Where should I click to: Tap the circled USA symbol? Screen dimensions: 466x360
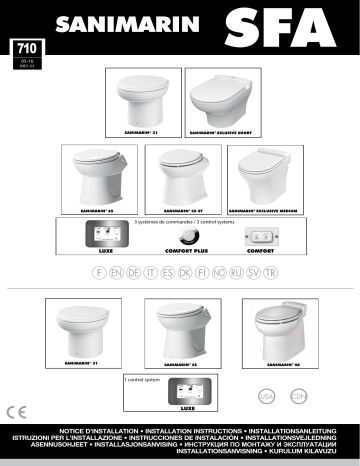265,396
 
